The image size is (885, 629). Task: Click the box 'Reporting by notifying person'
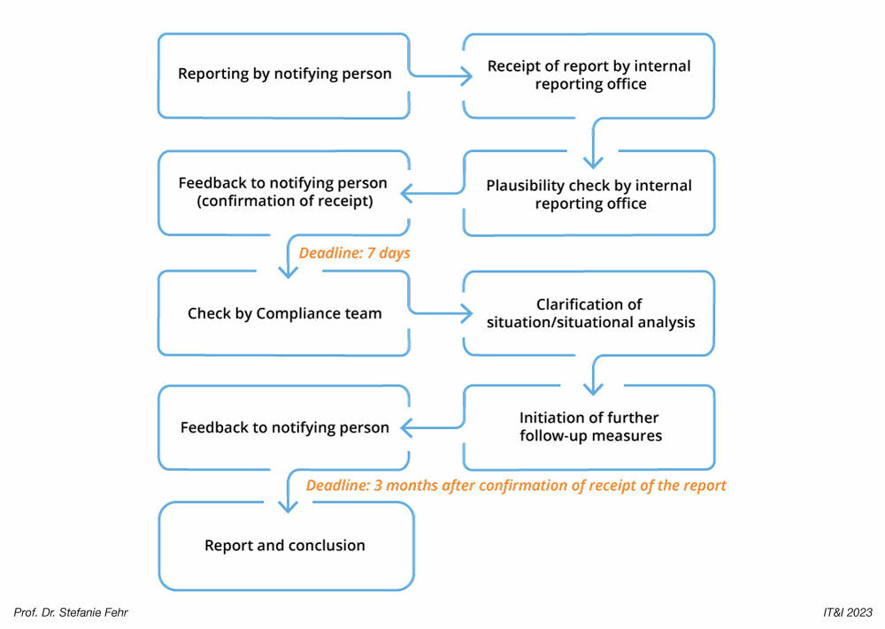[284, 75]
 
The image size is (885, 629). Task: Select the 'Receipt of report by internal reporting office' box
[589, 75]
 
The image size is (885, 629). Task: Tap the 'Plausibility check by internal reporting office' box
[589, 194]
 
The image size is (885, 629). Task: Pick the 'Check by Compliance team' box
[284, 313]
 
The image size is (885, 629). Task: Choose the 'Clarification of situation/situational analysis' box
[589, 313]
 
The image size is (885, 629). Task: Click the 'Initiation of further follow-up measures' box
[589, 426]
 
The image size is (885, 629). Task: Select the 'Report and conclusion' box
[285, 546]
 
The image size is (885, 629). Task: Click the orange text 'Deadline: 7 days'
[354, 253]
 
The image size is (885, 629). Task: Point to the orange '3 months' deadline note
[516, 486]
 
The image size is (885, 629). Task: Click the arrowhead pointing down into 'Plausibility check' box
[593, 162]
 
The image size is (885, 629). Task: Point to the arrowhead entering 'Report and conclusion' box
[287, 506]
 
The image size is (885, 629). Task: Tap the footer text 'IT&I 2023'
[847, 612]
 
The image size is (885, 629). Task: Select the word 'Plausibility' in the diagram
[527, 186]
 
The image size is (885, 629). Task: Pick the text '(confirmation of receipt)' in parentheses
[283, 201]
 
